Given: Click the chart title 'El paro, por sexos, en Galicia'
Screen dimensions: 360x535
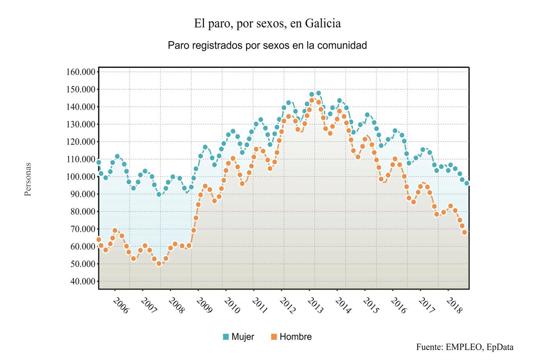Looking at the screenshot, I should coord(267,24).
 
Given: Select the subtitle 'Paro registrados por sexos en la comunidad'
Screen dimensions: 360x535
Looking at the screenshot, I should coord(267,45).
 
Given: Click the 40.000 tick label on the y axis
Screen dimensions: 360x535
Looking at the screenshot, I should coord(82,282).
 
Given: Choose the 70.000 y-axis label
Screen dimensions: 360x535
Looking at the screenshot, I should coord(82,229).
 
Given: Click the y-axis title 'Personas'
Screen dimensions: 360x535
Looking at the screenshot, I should coord(28,179).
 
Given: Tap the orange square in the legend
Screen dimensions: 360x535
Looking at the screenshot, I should coord(274,337).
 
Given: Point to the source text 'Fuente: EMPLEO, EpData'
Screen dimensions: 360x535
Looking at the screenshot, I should coord(465,347).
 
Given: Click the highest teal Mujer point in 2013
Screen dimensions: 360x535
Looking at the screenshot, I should coord(318,94).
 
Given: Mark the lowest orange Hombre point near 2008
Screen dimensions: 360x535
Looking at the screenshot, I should coord(159,263).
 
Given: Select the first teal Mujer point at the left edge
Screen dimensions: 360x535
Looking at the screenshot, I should coord(99,162).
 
